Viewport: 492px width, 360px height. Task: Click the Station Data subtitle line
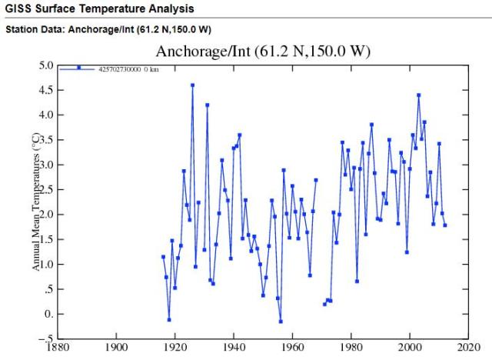[108, 30]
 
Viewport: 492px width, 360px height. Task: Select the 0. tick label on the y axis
[48, 314]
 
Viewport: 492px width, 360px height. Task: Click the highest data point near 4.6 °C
[192, 85]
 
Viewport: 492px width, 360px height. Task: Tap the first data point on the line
[163, 257]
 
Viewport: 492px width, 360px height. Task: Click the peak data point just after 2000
[419, 95]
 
